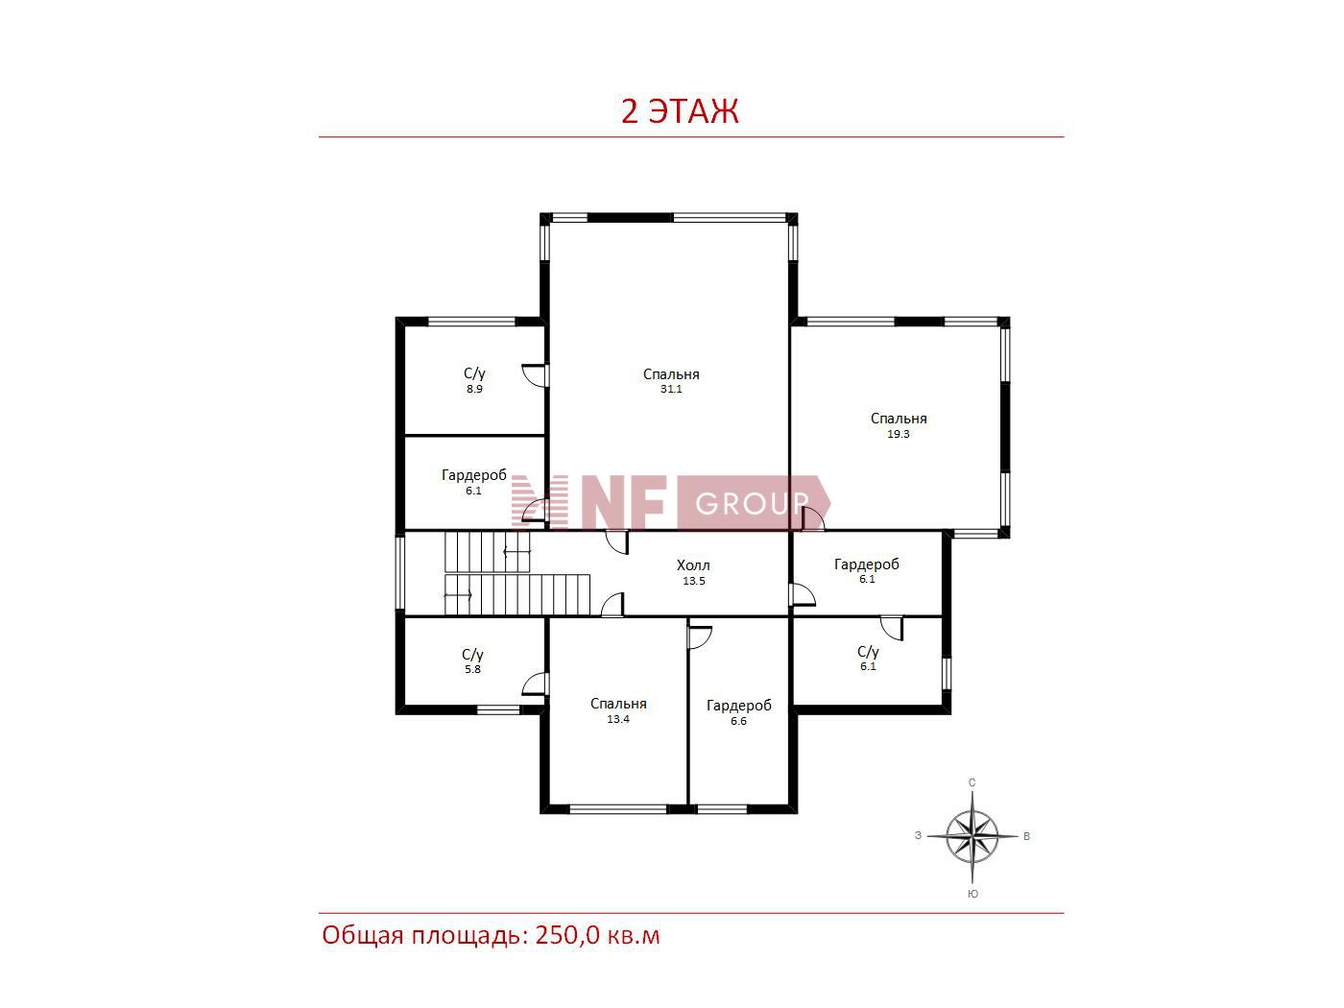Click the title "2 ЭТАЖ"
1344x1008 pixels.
tap(680, 111)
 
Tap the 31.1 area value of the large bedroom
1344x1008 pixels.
tap(671, 389)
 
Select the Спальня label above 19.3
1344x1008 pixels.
tap(899, 419)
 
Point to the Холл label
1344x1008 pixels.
tap(693, 565)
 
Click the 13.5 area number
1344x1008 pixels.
tap(694, 581)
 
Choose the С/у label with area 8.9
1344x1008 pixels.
tap(474, 373)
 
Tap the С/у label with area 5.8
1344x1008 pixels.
tap(472, 655)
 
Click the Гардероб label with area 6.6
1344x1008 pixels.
tap(739, 706)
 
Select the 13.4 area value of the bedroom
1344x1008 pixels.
tap(618, 720)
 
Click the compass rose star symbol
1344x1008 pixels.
tap(972, 836)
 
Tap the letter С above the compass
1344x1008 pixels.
tap(972, 782)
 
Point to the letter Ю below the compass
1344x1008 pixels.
tap(972, 894)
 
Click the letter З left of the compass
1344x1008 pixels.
tap(918, 835)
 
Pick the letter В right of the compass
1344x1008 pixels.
tap(1027, 836)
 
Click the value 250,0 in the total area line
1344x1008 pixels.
tap(566, 936)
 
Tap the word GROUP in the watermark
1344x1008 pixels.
tap(752, 503)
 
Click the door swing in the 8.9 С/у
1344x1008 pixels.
tap(534, 375)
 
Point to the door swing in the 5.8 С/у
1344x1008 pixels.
tap(534, 684)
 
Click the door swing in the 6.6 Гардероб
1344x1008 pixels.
tap(700, 637)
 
